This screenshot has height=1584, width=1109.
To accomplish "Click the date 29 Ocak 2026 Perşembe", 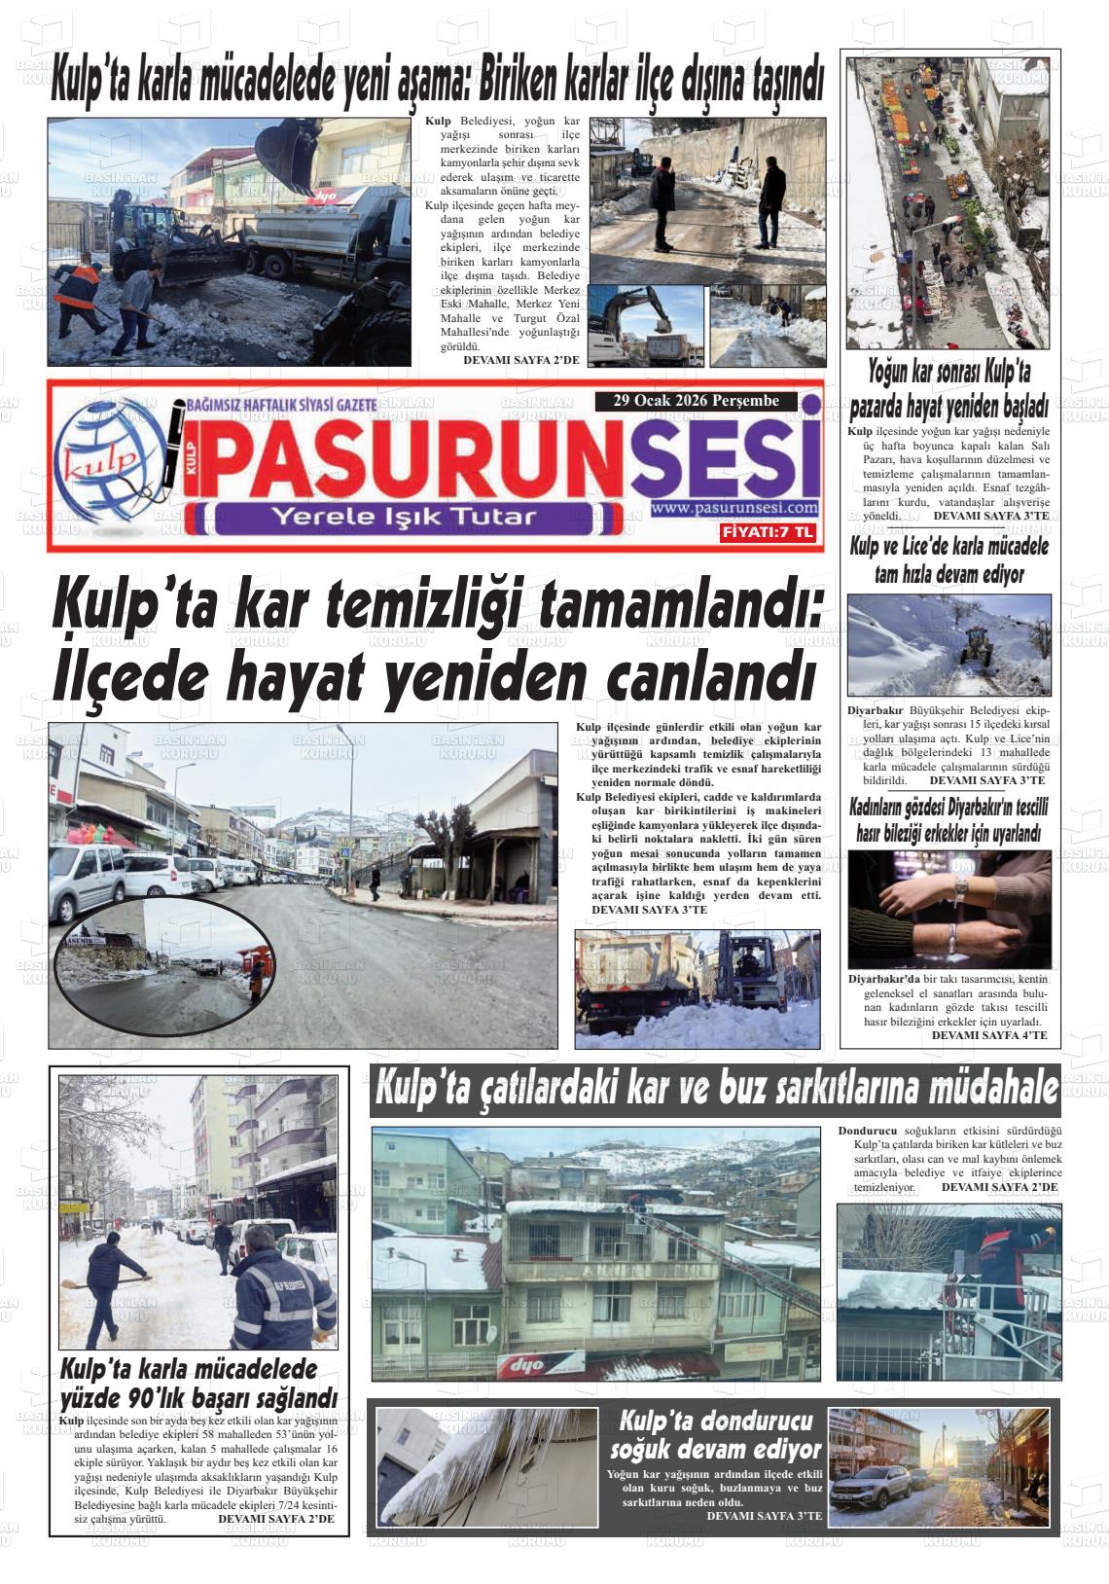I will point(697,401).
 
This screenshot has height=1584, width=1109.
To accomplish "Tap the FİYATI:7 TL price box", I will point(767,532).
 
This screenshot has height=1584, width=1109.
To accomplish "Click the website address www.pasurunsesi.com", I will point(734,508).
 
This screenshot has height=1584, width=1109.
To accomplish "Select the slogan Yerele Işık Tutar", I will point(404,516).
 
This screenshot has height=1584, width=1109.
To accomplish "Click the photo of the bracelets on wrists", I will point(948,908).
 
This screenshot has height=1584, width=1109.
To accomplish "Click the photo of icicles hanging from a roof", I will point(486,1466).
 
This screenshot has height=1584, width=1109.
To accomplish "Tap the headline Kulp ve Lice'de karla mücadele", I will point(948,560).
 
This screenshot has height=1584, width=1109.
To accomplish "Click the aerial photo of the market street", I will point(947,202).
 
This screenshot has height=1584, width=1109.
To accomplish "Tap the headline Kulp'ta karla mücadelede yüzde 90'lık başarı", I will point(199,1383).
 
